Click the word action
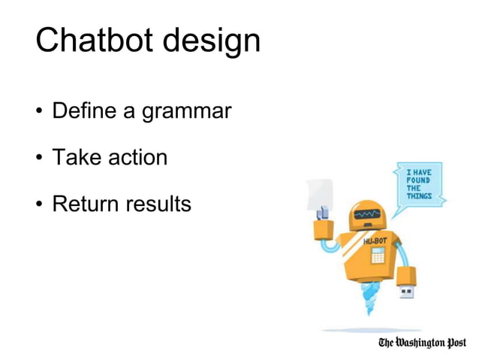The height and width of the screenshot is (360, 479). coord(137,158)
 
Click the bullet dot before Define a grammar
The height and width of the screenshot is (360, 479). coord(38,113)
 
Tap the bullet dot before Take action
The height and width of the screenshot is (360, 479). coord(38,159)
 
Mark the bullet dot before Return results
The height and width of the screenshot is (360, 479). coord(38,204)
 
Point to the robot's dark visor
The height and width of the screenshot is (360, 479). coord(368,215)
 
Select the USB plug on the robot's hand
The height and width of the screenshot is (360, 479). coord(406,291)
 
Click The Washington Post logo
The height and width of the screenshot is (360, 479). coord(422,343)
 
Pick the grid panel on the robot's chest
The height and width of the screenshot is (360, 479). coord(378,256)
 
